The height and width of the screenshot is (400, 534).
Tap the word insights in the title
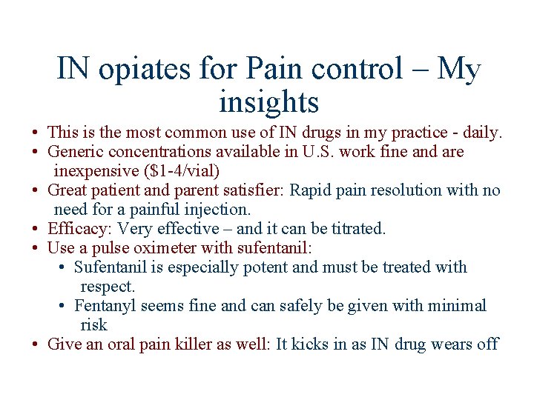[x=268, y=101]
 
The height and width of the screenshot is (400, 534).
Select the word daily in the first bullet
[x=483, y=133]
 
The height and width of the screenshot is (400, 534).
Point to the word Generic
[x=76, y=152]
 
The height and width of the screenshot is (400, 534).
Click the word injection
[x=217, y=210]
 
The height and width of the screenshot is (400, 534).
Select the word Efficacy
[x=77, y=229]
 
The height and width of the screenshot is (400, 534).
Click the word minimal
[x=455, y=306]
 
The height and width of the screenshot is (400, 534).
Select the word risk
[x=93, y=325]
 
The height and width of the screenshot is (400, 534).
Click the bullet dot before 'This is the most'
[x=35, y=133]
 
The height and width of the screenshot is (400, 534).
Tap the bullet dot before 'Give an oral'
[x=35, y=345]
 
